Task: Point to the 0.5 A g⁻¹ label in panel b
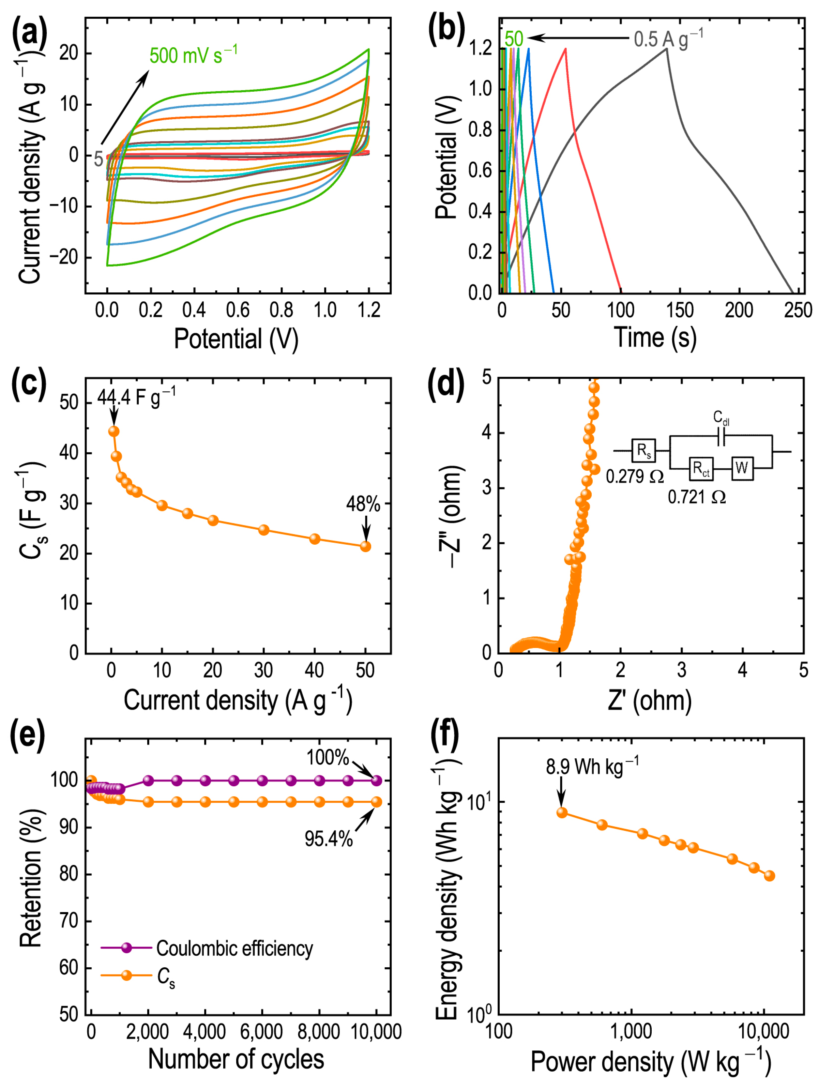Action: (667, 39)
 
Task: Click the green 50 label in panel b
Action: (513, 39)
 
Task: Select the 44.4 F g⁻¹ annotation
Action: (136, 397)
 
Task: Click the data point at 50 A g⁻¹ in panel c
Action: (365, 546)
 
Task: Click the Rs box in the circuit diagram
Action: (643, 451)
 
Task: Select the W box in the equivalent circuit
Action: (742, 467)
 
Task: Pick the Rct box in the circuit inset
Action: (700, 468)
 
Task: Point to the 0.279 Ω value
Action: (634, 476)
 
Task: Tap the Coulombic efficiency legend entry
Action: (234, 948)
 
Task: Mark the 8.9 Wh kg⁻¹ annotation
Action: (592, 767)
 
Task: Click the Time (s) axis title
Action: (655, 338)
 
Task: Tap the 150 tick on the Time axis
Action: (679, 311)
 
